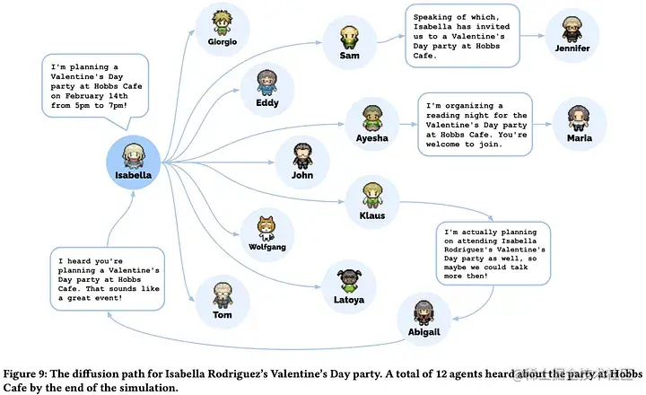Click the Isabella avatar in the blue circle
click(134, 154)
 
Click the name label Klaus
click(371, 215)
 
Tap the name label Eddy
click(266, 102)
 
